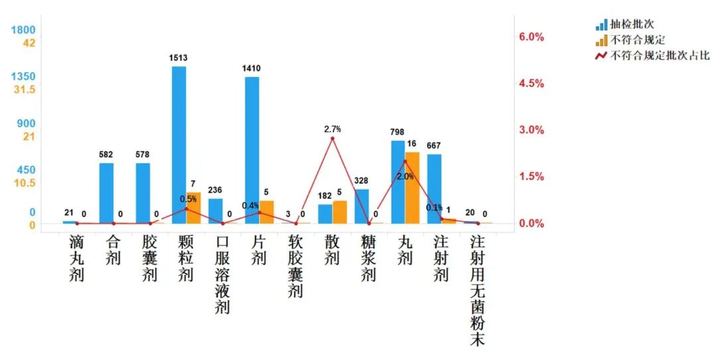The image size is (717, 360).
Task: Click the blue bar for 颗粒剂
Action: click(x=179, y=145)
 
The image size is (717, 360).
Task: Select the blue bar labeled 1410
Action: click(x=252, y=150)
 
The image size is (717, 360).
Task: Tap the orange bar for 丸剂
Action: click(x=412, y=188)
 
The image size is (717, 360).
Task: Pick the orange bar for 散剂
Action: click(x=340, y=212)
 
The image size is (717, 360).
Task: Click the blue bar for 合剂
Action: click(x=106, y=193)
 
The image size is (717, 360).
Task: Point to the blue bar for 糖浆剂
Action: click(x=361, y=206)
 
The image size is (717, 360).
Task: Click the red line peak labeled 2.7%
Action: click(x=333, y=138)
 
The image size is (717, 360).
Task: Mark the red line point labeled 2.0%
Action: click(x=405, y=161)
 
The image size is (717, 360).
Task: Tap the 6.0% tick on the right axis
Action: click(x=531, y=37)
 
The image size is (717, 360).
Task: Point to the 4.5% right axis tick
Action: click(x=531, y=84)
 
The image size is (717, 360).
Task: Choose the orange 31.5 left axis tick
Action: click(x=24, y=89)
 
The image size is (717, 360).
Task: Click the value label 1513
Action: click(x=179, y=58)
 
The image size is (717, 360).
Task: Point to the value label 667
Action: click(x=434, y=145)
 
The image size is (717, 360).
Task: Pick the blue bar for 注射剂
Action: click(x=434, y=189)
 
